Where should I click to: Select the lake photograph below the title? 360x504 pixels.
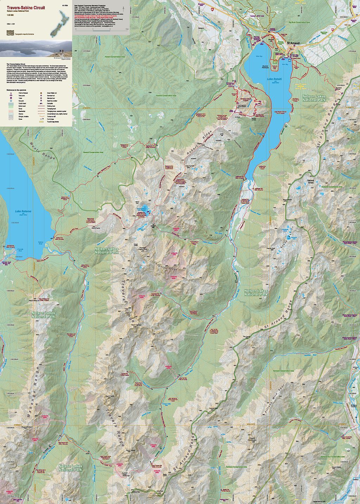36,49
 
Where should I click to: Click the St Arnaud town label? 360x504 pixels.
293,44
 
